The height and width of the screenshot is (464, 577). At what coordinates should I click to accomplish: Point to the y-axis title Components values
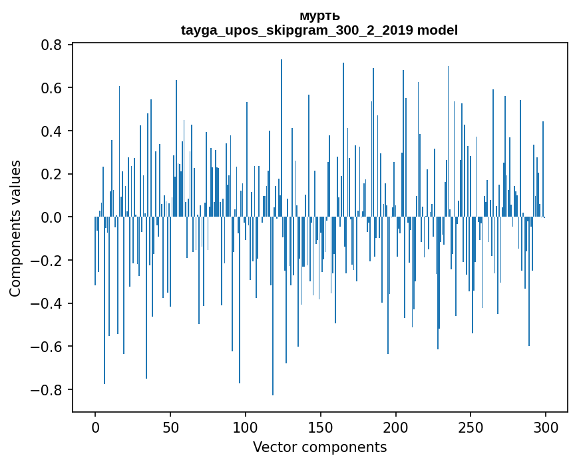point(15,228)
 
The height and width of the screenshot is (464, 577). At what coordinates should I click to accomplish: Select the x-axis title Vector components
point(319,447)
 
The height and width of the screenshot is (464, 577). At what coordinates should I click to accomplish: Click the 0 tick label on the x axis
point(95,426)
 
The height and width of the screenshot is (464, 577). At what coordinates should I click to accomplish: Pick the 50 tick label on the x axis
point(170,426)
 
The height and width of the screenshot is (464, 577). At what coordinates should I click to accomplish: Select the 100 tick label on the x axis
point(246,426)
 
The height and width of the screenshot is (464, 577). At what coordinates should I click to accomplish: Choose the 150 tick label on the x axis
point(321,426)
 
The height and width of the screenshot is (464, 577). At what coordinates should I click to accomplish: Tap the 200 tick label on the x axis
point(396,426)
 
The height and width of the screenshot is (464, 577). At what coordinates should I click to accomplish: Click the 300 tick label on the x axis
point(546,426)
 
